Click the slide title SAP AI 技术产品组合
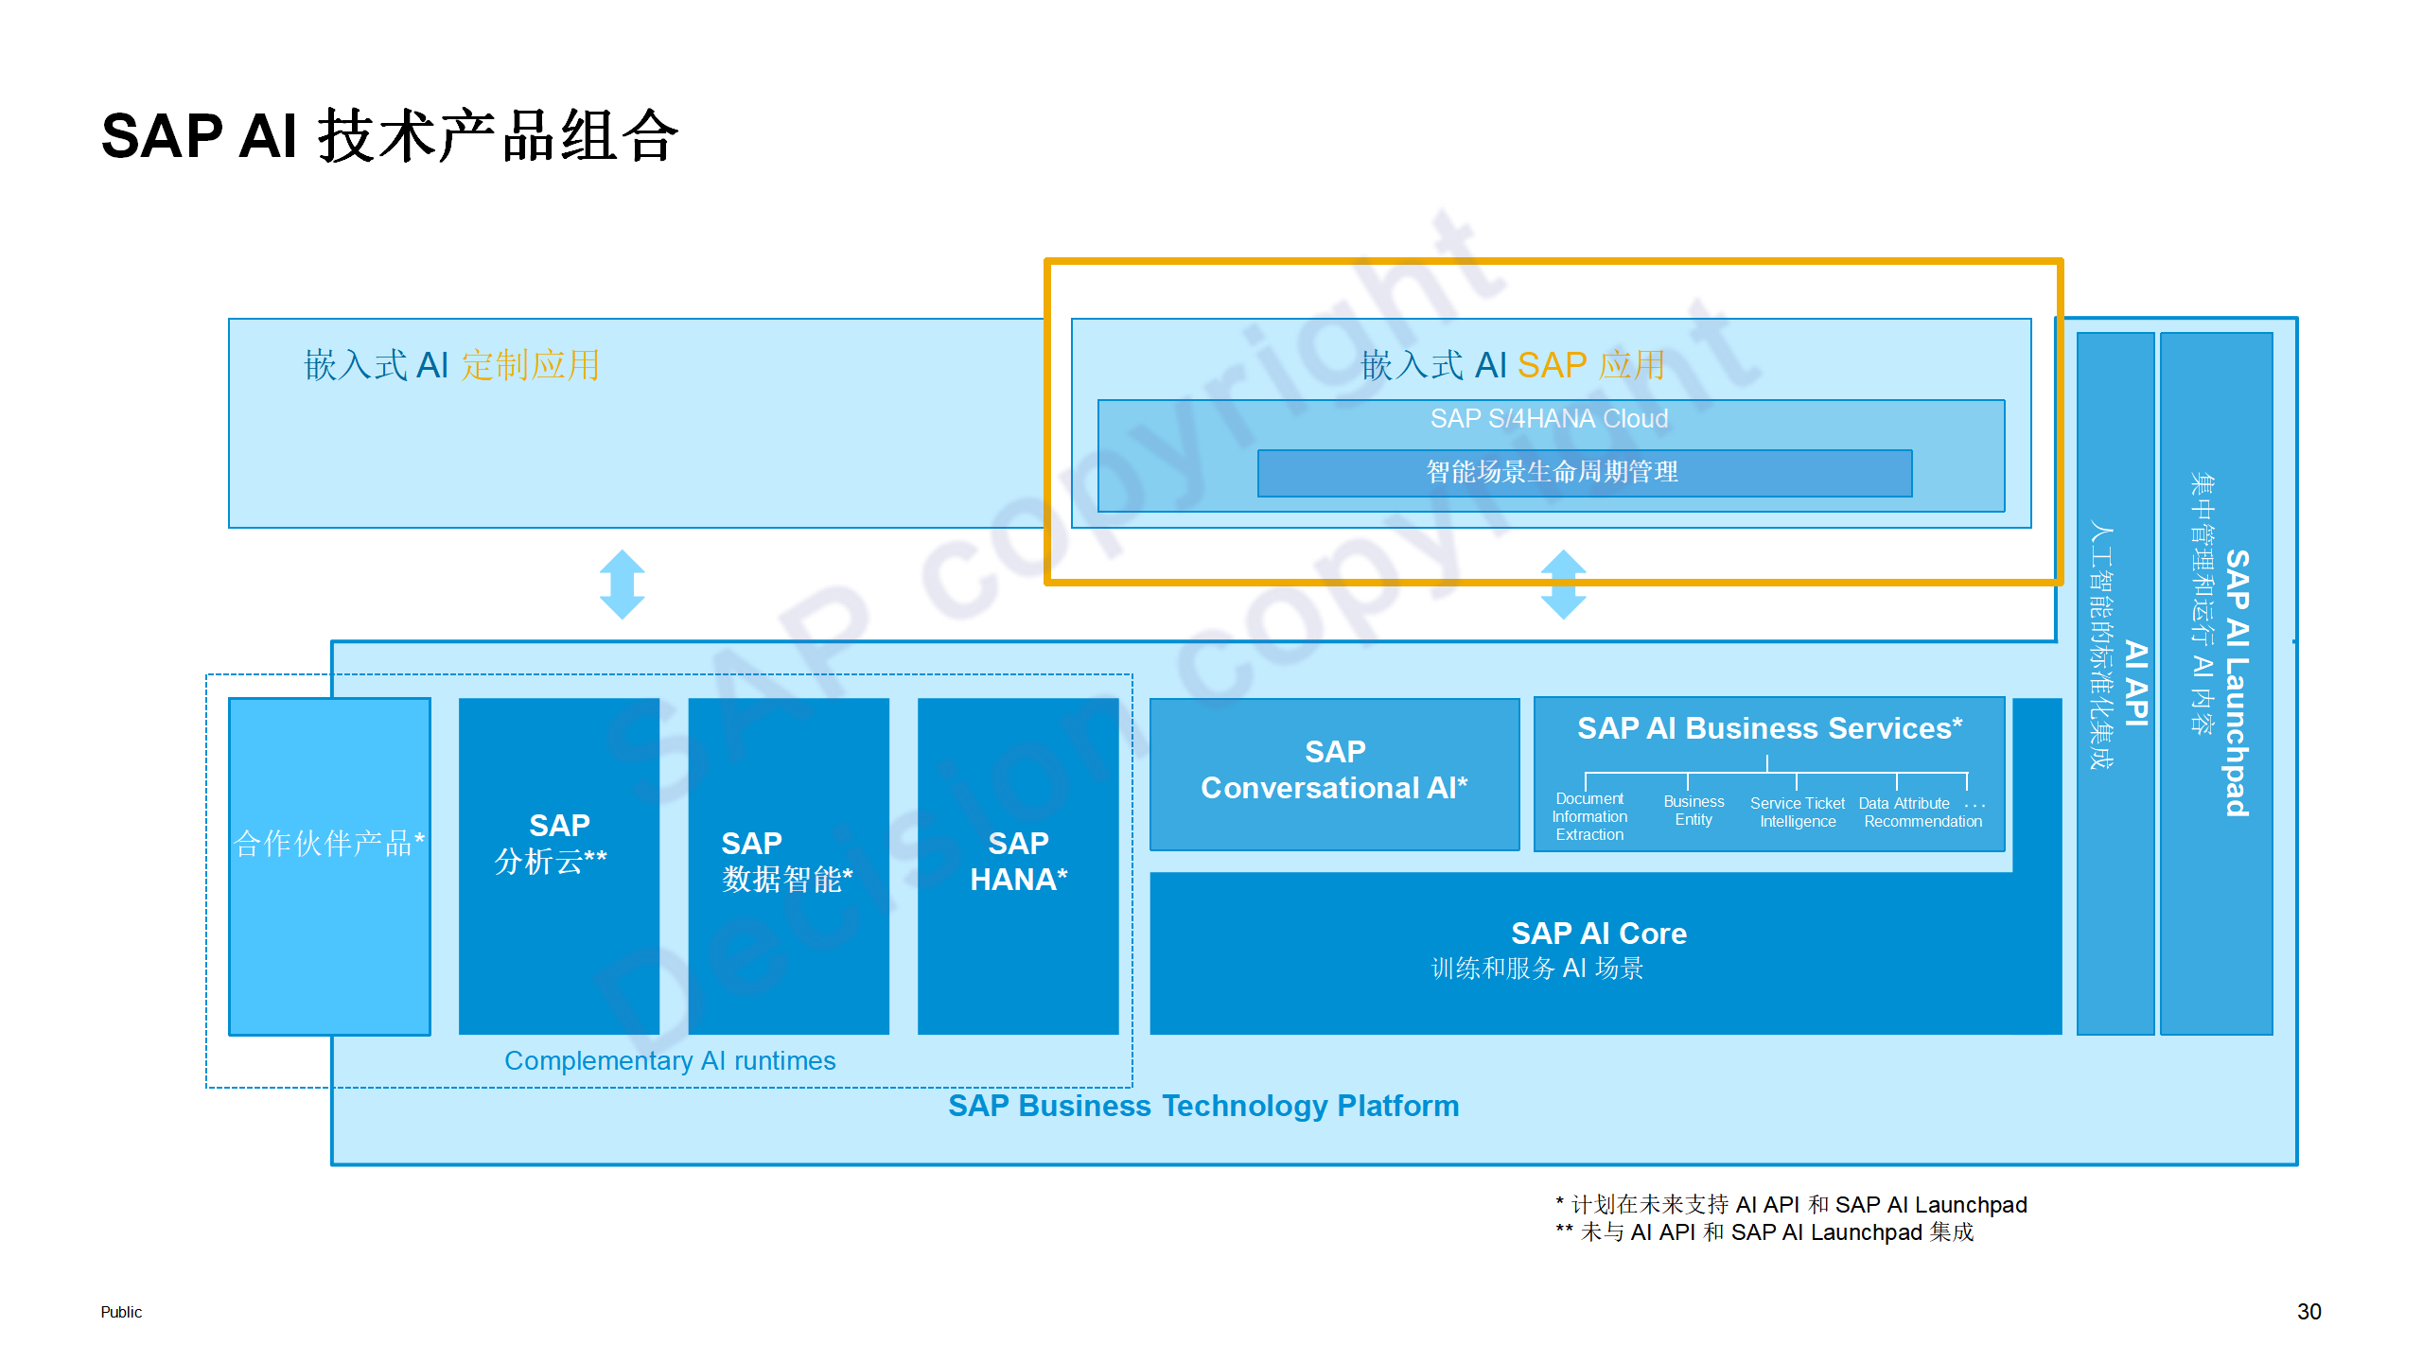pyautogui.click(x=390, y=136)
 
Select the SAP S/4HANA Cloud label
pyautogui.click(x=1549, y=419)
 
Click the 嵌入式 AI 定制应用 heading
pyautogui.click(x=451, y=365)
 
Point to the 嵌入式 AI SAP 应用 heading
pyautogui.click(x=1512, y=365)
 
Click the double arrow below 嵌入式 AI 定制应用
pyautogui.click(x=623, y=585)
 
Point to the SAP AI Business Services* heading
pyautogui.click(x=1769, y=728)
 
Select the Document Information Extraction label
pyautogui.click(x=1589, y=817)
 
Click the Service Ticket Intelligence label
pyautogui.click(x=1798, y=812)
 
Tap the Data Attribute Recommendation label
pyautogui.click(x=1922, y=812)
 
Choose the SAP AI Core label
pyautogui.click(x=1599, y=934)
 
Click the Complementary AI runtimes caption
pyautogui.click(x=670, y=1061)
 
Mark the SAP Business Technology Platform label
pyautogui.click(x=1203, y=1106)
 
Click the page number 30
pyautogui.click(x=2308, y=1312)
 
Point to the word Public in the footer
pyautogui.click(x=121, y=1312)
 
